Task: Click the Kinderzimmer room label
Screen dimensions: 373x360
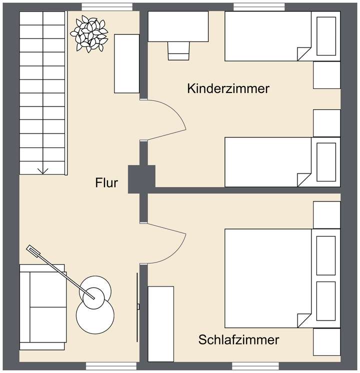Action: [228, 89]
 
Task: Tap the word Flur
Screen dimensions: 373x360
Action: [106, 183]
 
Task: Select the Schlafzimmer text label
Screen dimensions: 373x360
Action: [238, 340]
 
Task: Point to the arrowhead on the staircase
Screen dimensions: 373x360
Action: [43, 170]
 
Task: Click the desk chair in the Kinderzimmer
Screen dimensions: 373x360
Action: [178, 49]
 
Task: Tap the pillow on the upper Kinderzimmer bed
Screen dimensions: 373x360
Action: [326, 36]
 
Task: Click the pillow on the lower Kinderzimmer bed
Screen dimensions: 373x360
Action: [326, 161]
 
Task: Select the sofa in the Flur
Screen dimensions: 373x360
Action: [42, 306]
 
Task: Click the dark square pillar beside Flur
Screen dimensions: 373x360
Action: [137, 178]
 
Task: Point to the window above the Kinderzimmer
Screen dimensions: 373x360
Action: [259, 6]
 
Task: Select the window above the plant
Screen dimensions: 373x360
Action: [103, 6]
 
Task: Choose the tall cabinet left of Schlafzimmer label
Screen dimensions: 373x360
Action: [161, 323]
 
